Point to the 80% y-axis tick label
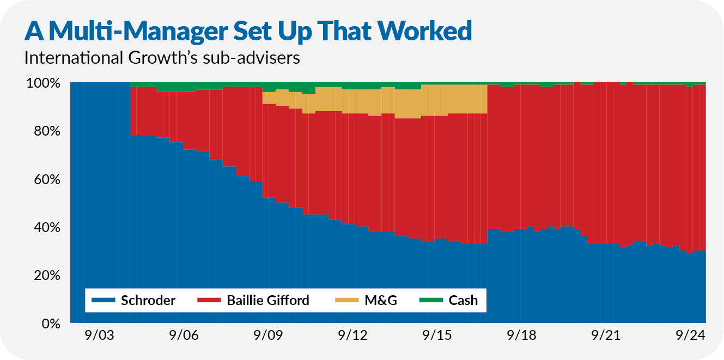click(x=46, y=132)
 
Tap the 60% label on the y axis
click(x=46, y=180)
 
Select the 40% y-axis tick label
click(x=46, y=228)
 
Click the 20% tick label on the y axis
click(x=46, y=276)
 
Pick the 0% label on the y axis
click(x=50, y=324)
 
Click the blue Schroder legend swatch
click(x=104, y=300)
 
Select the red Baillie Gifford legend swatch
click(x=209, y=300)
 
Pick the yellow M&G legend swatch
click(x=345, y=300)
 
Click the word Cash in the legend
click(x=463, y=300)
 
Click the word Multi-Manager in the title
click(x=136, y=32)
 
